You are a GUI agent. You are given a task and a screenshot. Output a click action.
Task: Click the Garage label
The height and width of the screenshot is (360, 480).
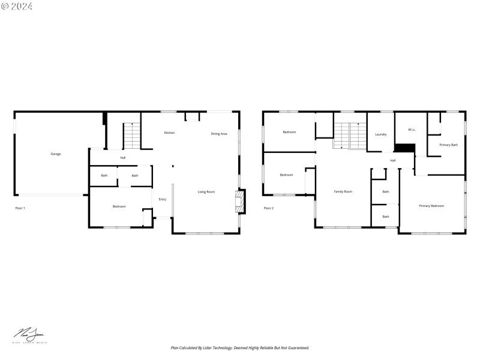[55, 154]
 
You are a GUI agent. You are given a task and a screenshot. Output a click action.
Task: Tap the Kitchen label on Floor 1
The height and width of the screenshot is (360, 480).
[170, 133]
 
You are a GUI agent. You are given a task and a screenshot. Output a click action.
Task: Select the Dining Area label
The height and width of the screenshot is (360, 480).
[219, 134]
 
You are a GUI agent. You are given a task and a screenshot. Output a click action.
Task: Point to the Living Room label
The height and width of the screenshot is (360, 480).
[206, 192]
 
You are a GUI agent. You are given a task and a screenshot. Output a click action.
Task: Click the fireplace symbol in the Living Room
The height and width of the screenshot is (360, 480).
[240, 202]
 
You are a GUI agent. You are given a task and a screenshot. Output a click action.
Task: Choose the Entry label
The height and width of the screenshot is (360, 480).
[162, 199]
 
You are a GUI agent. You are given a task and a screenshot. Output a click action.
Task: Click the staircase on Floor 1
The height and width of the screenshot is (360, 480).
[131, 136]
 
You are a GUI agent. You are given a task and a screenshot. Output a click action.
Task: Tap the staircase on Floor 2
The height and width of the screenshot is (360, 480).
[350, 136]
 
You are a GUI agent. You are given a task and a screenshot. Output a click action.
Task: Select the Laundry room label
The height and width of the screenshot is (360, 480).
[381, 134]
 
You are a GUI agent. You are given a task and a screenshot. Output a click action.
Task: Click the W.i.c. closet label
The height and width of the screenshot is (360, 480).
[412, 130]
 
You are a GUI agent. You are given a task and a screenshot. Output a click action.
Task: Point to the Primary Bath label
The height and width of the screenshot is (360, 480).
[448, 145]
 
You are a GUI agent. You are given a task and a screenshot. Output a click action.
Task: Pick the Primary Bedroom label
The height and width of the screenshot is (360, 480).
[431, 206]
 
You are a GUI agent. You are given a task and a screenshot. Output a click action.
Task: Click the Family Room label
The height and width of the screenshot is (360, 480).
[343, 191]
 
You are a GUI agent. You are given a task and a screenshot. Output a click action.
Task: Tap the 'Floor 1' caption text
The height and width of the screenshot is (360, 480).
[20, 208]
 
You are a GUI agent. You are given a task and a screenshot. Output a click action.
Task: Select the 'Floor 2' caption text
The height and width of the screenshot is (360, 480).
[269, 208]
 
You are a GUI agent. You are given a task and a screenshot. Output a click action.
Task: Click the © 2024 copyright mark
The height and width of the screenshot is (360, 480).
[17, 6]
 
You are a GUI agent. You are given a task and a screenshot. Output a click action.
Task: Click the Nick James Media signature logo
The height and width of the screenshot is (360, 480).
[30, 335]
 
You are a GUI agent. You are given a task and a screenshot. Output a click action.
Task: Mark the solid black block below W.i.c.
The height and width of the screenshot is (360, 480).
[405, 148]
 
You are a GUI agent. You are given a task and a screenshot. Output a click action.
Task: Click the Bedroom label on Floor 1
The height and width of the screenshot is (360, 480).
[119, 206]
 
